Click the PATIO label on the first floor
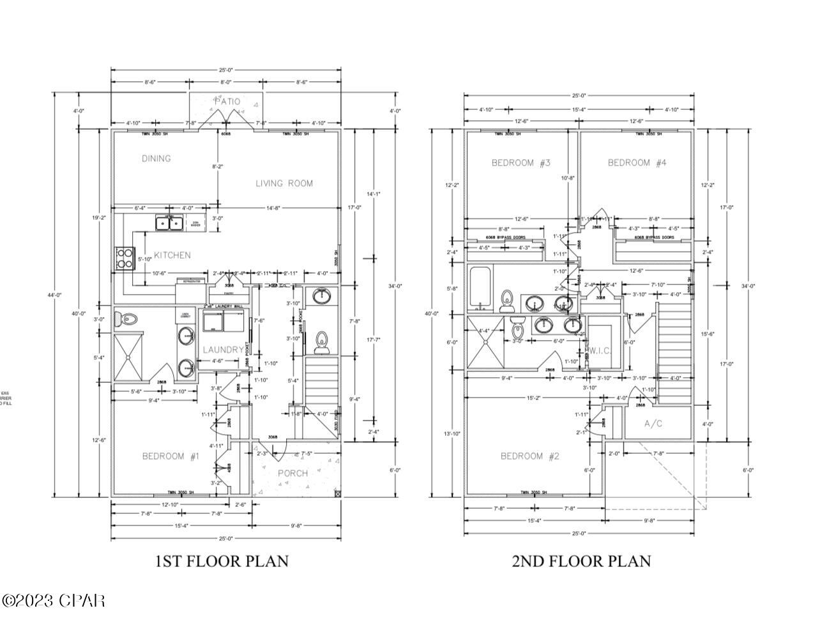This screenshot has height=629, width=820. (x=227, y=101)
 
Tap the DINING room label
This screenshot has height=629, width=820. (x=156, y=158)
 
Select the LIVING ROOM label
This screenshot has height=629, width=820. (x=284, y=183)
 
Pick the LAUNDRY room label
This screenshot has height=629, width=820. (x=223, y=350)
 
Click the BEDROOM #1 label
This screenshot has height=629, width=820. (x=171, y=456)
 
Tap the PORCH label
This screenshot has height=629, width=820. (x=293, y=473)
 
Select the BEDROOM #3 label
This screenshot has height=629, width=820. (x=520, y=163)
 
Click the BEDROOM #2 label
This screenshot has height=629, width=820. (x=529, y=456)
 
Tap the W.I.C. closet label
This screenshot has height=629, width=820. (x=601, y=350)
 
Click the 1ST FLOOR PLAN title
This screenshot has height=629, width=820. (x=222, y=561)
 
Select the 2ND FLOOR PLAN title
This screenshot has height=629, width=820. (x=581, y=561)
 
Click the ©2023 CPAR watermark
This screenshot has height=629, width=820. (x=54, y=601)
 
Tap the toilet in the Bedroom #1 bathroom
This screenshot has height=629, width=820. (x=128, y=318)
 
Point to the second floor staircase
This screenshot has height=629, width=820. (x=676, y=352)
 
